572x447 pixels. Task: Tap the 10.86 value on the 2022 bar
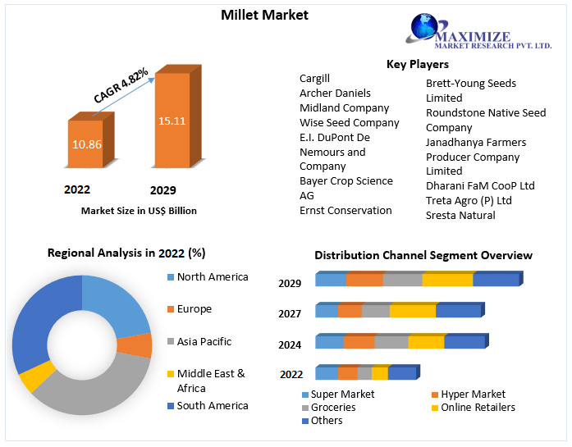[87, 143]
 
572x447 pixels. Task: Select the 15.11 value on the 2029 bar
[172, 121]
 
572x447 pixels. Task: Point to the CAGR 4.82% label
[121, 85]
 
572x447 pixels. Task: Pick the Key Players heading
[417, 64]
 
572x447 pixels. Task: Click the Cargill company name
[314, 79]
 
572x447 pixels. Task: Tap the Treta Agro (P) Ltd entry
[469, 200]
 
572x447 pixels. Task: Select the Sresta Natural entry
[460, 215]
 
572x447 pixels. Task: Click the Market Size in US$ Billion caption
[139, 211]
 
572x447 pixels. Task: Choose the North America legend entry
[212, 277]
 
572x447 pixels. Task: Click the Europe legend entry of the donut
[194, 309]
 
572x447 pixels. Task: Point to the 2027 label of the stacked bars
[290, 312]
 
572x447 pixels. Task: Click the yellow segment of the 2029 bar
[447, 280]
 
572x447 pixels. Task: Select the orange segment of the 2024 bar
[359, 342]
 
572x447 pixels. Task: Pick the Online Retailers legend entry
[478, 407]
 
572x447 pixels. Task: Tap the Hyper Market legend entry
[474, 395]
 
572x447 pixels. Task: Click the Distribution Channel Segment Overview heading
[423, 256]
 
